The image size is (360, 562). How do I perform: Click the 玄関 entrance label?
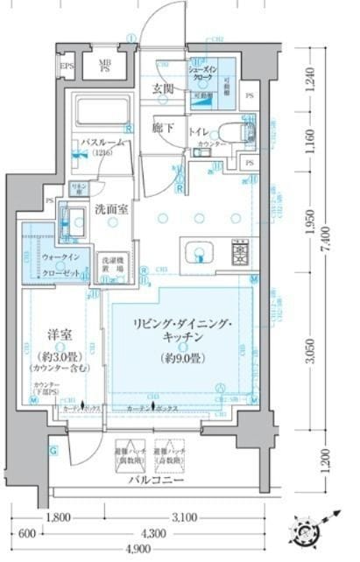click(164, 88)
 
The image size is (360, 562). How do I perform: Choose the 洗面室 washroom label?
click(112, 209)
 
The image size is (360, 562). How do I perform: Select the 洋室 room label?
click(60, 334)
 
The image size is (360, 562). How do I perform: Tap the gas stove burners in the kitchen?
click(239, 255)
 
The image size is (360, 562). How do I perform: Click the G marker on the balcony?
click(53, 450)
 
